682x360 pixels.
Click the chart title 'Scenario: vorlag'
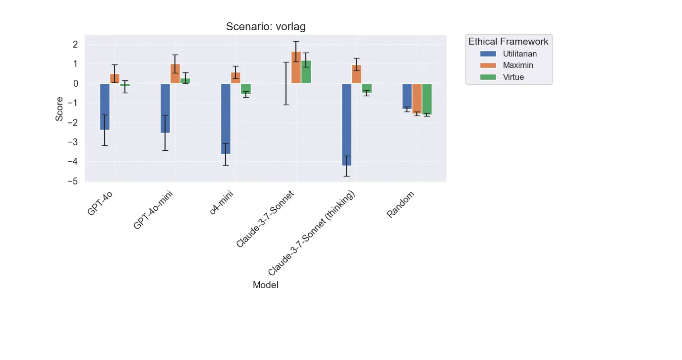(x=266, y=27)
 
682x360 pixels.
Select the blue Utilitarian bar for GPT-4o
(x=105, y=107)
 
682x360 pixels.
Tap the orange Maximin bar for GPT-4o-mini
(x=175, y=73)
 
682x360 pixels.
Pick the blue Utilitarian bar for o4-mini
(x=226, y=119)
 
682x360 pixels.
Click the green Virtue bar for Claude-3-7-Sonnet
(x=306, y=72)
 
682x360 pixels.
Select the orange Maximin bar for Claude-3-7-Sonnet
(x=296, y=67)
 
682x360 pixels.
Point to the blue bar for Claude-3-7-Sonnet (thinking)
(x=346, y=124)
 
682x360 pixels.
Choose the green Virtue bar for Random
(x=427, y=99)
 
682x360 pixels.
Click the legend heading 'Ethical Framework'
(x=509, y=42)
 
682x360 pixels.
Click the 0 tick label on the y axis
(x=76, y=83)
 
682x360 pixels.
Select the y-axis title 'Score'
(x=59, y=109)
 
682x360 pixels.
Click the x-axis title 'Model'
(x=265, y=285)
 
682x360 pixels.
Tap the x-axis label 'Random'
(x=400, y=205)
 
